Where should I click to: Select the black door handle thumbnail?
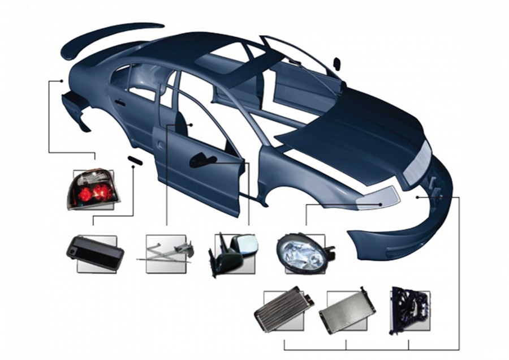click(x=94, y=252)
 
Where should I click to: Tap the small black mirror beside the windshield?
click(x=337, y=63)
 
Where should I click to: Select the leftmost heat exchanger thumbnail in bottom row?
click(x=283, y=310)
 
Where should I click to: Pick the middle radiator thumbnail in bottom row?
click(x=346, y=310)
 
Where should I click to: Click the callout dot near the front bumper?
click(x=417, y=197)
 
